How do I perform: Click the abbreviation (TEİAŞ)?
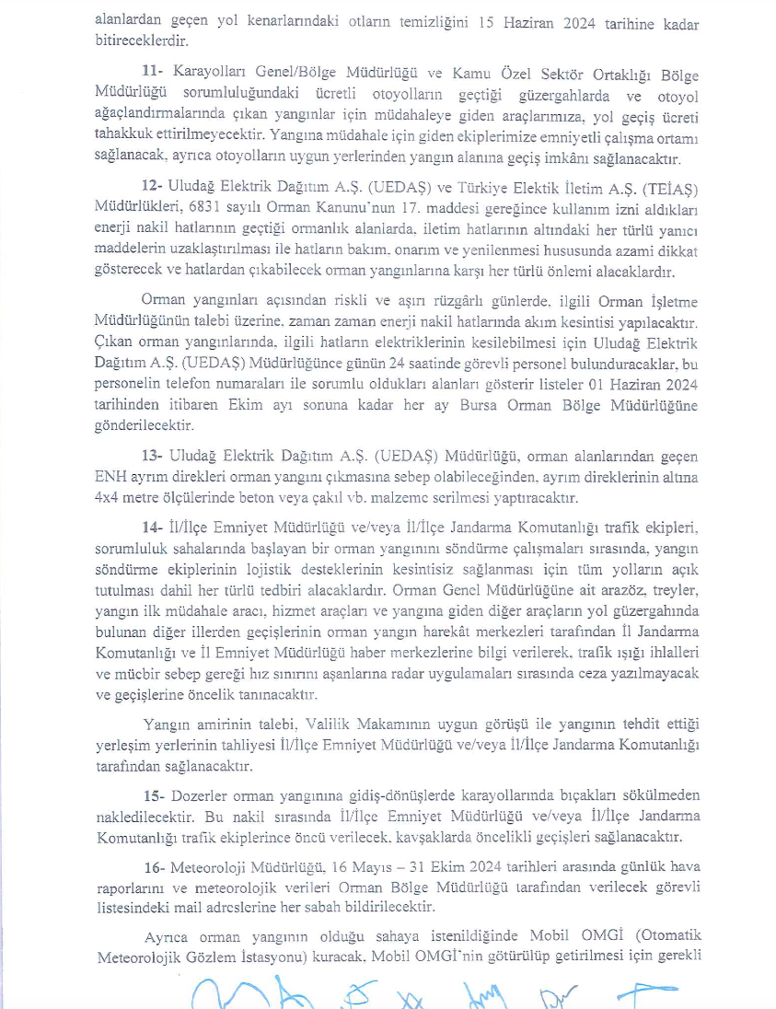(669, 189)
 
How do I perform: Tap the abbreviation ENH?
(110, 478)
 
